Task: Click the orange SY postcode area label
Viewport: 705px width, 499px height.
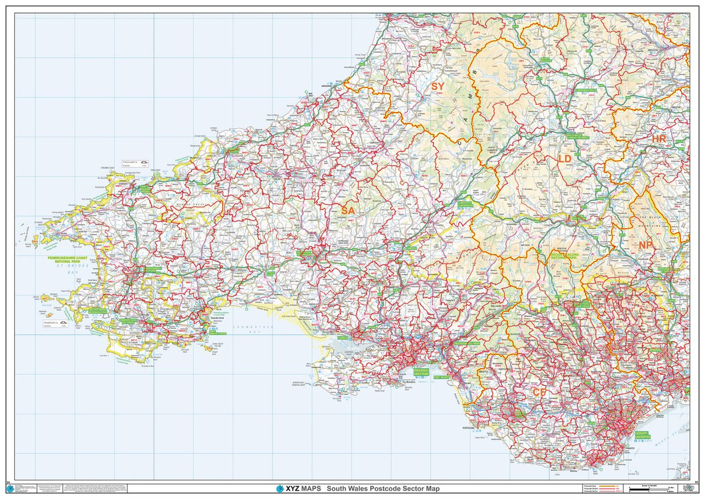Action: (438, 86)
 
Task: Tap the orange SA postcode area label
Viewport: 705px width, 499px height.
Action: (348, 210)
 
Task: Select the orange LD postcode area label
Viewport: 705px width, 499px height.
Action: (565, 159)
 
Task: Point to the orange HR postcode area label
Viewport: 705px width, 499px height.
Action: (659, 139)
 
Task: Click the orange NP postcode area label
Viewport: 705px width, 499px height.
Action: (646, 244)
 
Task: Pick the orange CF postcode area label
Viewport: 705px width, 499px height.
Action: (539, 391)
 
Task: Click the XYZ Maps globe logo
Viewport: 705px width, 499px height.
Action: (280, 488)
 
